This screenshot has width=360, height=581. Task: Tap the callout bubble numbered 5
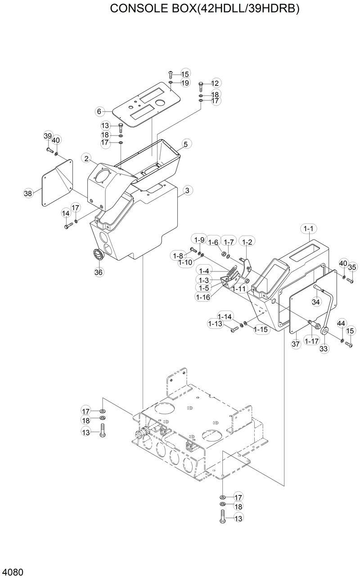tap(185, 144)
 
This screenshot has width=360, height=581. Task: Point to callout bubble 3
tap(187, 190)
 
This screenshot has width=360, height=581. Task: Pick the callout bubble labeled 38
tap(28, 194)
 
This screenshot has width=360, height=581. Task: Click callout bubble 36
tap(99, 272)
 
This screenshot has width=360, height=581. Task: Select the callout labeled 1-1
tap(309, 229)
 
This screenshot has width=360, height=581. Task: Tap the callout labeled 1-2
tap(247, 242)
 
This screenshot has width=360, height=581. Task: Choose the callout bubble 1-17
tap(311, 342)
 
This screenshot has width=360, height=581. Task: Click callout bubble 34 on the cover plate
tap(316, 302)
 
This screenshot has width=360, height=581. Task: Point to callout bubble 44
tap(341, 323)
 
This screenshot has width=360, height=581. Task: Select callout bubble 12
tap(215, 83)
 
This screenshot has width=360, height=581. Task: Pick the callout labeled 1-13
tap(215, 324)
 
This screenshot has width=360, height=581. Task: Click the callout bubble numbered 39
tap(48, 136)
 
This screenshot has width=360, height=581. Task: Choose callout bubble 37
tap(296, 344)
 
